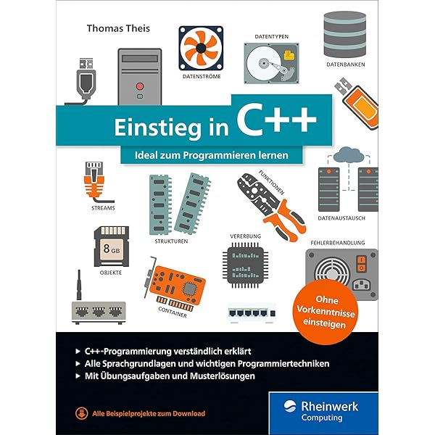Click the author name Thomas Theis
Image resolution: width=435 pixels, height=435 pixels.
[118, 28]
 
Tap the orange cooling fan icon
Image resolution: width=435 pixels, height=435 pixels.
[201, 48]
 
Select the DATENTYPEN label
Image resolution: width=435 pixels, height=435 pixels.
[272, 37]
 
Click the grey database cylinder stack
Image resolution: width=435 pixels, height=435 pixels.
[345, 34]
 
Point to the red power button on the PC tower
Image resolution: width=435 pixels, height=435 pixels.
[140, 86]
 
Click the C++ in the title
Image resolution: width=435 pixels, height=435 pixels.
[277, 122]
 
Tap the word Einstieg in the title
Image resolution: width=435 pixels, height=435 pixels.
[157, 128]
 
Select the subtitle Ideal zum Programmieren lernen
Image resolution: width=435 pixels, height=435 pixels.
[212, 155]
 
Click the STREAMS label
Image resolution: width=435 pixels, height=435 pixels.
[103, 208]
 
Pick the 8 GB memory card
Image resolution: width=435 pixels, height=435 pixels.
[112, 246]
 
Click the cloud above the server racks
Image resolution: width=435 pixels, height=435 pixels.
[349, 155]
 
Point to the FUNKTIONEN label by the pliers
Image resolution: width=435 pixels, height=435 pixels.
[271, 183]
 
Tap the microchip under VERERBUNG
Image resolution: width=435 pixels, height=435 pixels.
[245, 265]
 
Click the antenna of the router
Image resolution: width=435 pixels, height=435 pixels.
[79, 285]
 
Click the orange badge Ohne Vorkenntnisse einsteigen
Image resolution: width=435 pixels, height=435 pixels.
[326, 312]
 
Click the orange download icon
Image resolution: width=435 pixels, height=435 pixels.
[81, 414]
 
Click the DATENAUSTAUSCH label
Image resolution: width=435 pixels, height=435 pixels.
[341, 218]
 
